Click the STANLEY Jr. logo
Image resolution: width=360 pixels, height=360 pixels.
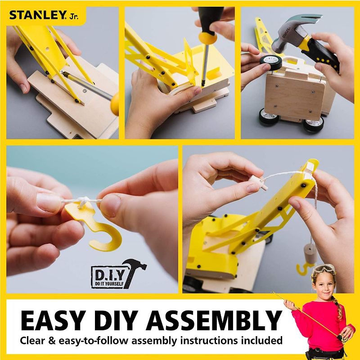[x=43, y=15]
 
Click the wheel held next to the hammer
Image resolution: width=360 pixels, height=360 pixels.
[x=270, y=62]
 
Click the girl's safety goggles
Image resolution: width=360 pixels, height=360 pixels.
[x=324, y=269]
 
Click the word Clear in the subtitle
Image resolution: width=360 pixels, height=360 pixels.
[x=34, y=341]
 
